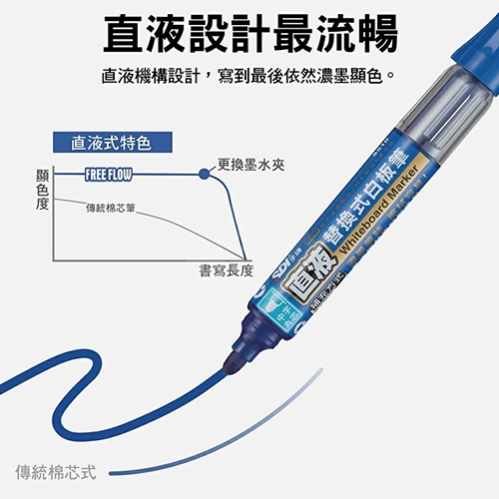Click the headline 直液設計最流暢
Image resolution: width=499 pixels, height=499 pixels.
tap(249, 32)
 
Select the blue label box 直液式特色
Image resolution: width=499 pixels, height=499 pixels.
tap(111, 143)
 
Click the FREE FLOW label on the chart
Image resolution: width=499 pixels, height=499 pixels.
tap(108, 174)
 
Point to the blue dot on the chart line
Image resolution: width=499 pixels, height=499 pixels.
tap(205, 173)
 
